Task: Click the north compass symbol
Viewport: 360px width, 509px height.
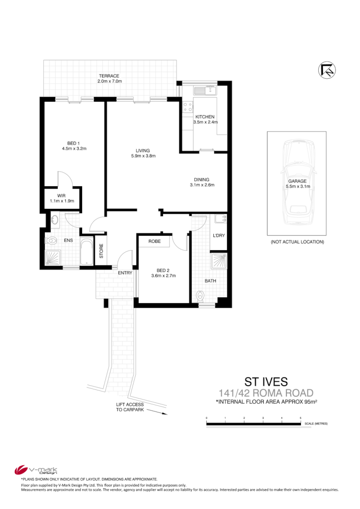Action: point(327,70)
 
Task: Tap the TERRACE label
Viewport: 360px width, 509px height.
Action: point(109,76)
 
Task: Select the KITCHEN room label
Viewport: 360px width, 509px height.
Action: point(205,117)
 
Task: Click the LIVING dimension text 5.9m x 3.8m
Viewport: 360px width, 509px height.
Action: point(143,156)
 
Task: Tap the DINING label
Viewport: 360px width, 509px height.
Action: point(201,180)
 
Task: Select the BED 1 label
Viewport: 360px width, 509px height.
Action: point(74,143)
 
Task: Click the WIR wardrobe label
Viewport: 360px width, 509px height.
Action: point(61,195)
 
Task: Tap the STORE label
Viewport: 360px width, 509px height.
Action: point(101,251)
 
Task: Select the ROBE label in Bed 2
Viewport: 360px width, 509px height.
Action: point(154,241)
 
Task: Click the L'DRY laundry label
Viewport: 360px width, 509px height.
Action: point(219,236)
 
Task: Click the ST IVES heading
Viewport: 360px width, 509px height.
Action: point(266,382)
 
